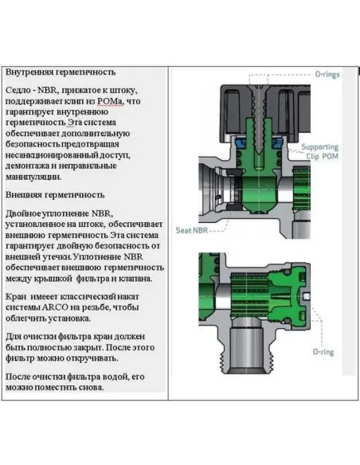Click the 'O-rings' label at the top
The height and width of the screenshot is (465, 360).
pyautogui.click(x=327, y=74)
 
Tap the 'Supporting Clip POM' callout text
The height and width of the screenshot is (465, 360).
pyautogui.click(x=320, y=151)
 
